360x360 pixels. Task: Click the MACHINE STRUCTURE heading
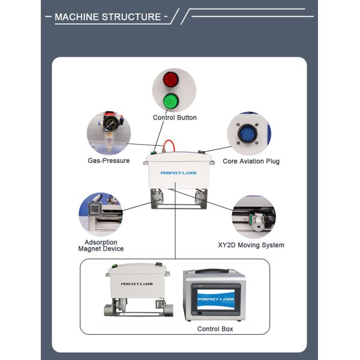click(108, 17)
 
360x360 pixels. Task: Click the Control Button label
click(175, 118)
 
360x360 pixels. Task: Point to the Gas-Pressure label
click(109, 161)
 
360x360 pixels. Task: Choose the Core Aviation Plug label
click(251, 161)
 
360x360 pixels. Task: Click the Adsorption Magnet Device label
click(101, 245)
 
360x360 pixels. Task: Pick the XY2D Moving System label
click(251, 245)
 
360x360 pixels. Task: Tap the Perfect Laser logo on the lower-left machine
click(137, 284)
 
